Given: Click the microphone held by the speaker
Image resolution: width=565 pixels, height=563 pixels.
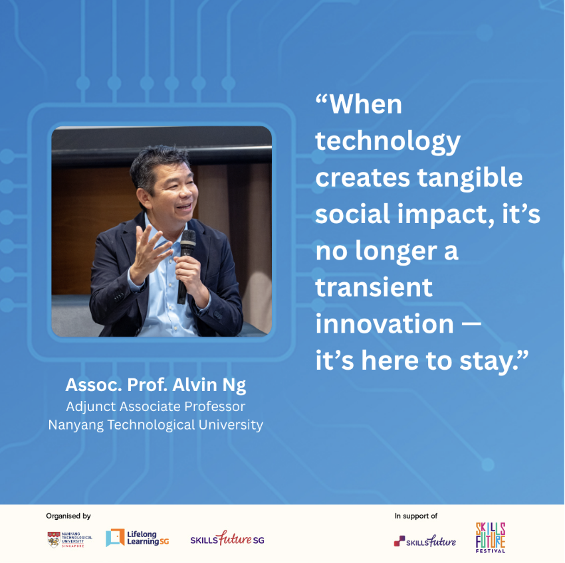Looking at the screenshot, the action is point(186,265).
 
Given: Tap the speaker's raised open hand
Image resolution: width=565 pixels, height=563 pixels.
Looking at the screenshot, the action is point(149,253).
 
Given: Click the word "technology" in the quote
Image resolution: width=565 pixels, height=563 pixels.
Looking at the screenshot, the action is point(388,141).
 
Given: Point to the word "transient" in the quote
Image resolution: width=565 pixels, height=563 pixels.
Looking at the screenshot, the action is point(374,287).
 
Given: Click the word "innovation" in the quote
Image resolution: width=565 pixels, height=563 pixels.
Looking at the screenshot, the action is point(384,323).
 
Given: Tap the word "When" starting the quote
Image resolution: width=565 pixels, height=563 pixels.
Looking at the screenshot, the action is point(366,105).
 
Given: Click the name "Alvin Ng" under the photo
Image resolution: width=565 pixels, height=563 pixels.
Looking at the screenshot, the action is point(209,386).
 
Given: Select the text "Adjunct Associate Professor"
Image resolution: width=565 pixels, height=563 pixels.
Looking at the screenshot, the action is point(156,406).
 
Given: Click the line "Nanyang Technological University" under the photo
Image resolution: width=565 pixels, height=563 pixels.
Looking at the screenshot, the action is point(156,425).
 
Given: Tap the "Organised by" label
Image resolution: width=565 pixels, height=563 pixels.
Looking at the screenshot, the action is point(68,517).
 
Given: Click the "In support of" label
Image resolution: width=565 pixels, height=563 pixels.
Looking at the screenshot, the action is point(416,517).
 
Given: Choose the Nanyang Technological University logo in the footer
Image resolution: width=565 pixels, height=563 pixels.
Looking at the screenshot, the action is point(70,539).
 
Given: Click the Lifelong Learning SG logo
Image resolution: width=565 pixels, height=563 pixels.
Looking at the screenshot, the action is point(138,538).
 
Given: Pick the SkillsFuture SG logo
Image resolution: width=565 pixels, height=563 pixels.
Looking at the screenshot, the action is point(227,538).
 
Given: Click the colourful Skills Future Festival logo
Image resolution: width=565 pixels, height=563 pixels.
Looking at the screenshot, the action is point(491,538).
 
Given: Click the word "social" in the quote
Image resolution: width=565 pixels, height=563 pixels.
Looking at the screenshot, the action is point(353,214).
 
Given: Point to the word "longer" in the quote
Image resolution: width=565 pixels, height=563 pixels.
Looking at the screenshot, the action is point(396,251).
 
